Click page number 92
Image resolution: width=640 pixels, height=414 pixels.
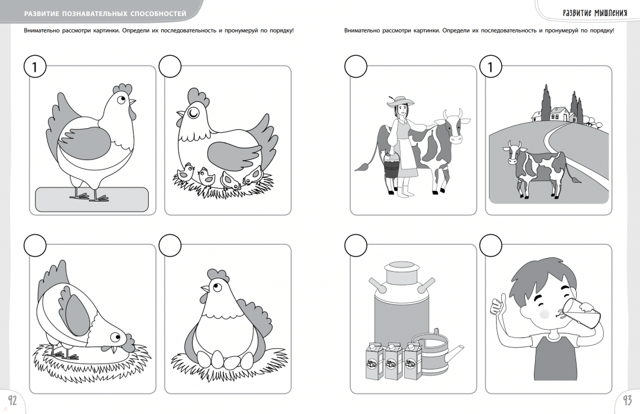[x=12, y=400]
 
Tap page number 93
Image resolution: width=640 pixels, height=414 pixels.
[x=627, y=400]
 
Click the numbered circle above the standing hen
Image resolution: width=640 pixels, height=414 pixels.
[x=35, y=66]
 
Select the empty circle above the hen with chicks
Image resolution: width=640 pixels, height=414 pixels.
[x=170, y=66]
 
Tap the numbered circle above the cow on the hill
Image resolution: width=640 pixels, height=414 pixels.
[x=491, y=66]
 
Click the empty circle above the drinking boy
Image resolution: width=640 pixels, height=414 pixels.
[x=491, y=245]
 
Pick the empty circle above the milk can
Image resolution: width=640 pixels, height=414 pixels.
[x=356, y=245]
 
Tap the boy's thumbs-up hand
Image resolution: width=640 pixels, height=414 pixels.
[x=498, y=304]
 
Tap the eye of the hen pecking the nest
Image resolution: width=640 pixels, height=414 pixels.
[x=115, y=337]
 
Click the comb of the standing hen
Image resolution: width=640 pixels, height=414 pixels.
[x=123, y=89]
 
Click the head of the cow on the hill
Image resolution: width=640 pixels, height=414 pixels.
[x=515, y=152]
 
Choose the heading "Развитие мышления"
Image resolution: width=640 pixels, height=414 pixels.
[x=595, y=12]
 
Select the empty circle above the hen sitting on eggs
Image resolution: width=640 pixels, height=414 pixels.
[x=170, y=245]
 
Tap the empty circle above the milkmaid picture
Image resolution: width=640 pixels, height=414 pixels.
[x=356, y=66]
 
